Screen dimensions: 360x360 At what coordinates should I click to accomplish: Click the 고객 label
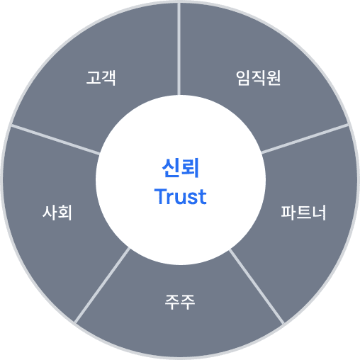pos(101,78)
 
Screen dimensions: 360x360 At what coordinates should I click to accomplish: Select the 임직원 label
pos(259,78)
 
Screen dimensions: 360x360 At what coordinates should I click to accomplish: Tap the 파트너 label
pos(303,213)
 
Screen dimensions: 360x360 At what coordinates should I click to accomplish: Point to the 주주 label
pos(180,302)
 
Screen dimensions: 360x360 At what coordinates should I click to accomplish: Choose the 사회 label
pos(57,213)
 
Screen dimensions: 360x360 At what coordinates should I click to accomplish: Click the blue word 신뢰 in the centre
pos(181,168)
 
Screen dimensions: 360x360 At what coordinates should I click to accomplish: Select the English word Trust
pos(181,196)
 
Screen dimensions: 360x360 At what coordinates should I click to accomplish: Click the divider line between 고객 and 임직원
pos(179,49)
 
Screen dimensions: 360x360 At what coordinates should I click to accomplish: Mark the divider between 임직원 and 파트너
pos(305,139)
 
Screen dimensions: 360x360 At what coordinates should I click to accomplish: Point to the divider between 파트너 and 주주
pos(257,287)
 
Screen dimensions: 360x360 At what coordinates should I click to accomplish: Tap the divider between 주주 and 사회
pos(102,285)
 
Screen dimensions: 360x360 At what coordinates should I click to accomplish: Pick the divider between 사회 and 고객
pos(55,140)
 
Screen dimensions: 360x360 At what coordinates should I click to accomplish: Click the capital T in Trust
pos(160,196)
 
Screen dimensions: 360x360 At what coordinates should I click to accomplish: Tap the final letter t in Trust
pos(203,197)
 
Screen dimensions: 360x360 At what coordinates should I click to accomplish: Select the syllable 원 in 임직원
pos(274,78)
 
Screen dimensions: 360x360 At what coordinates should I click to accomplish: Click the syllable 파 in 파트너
pos(288,213)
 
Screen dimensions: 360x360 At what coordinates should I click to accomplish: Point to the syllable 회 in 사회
pos(64,213)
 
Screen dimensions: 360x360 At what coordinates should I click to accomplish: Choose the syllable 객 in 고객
pos(108,78)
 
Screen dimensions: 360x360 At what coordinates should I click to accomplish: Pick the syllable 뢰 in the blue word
pos(190,168)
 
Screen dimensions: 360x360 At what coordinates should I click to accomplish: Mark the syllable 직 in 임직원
pos(259,78)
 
